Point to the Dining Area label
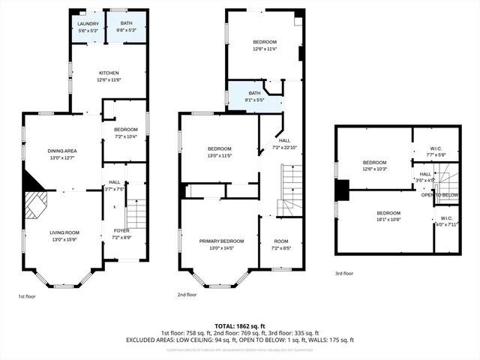point(63,154)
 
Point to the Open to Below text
point(439,195)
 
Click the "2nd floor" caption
point(187,295)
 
